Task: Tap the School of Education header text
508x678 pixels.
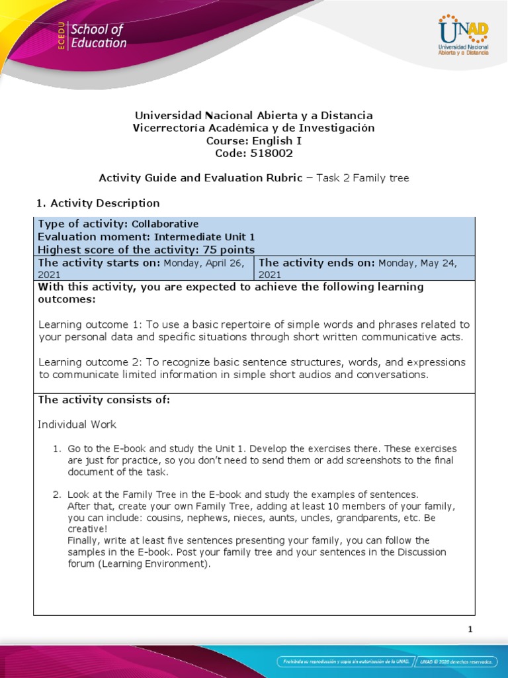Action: [x=98, y=36]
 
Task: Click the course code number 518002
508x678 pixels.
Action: [x=271, y=153]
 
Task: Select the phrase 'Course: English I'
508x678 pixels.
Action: [x=253, y=140]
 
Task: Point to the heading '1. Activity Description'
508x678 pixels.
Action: [x=96, y=203]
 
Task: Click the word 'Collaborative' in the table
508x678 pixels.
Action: [x=165, y=224]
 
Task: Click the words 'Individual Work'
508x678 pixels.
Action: [x=77, y=424]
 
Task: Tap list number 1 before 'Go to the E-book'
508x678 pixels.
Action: [x=57, y=449]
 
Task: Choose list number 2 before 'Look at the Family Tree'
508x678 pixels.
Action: [x=57, y=494]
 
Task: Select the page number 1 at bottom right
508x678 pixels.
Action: [x=470, y=629]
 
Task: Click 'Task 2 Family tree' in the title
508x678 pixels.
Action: [x=363, y=177]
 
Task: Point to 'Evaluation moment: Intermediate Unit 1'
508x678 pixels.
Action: [x=146, y=236]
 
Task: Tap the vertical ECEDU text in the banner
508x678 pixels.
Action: [x=61, y=36]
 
